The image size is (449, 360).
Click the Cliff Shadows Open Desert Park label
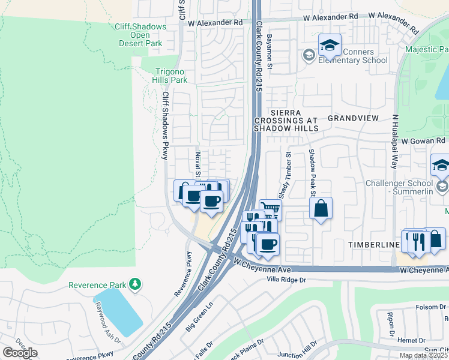point(140,35)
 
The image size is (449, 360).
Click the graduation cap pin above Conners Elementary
point(329,46)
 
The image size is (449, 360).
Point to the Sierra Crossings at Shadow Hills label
point(285,120)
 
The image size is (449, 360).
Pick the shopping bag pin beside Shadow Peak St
point(321,209)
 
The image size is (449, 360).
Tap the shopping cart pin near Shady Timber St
point(271,210)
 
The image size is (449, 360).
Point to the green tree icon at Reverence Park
point(136,283)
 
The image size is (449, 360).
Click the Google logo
point(20,352)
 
